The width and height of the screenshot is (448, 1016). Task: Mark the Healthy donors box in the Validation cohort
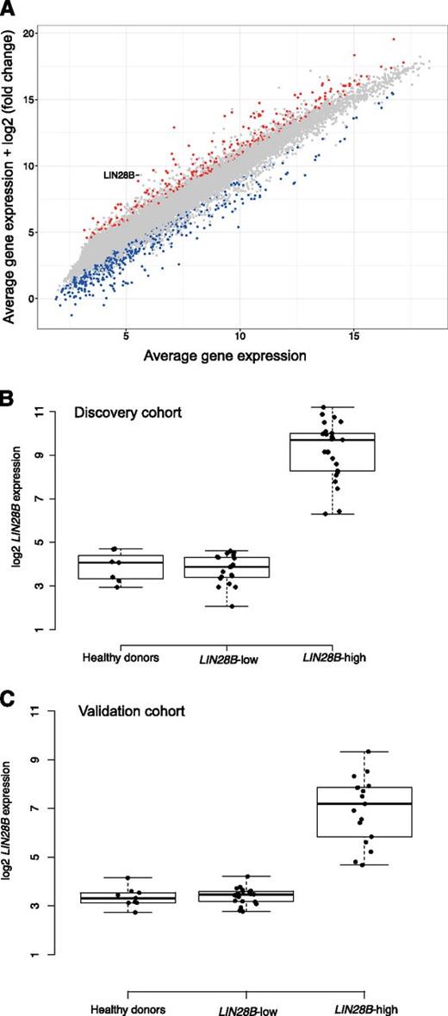128,897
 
